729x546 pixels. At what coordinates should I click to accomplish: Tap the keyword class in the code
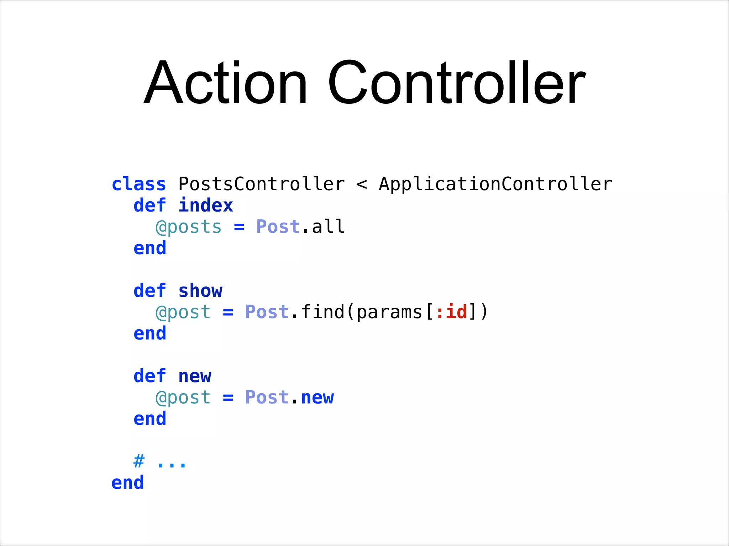(139, 184)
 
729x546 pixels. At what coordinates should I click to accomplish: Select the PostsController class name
(261, 184)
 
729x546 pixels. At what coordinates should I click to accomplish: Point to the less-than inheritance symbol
(362, 184)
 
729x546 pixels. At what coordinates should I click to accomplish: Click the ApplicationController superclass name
(495, 184)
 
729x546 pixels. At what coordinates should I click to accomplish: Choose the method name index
(206, 206)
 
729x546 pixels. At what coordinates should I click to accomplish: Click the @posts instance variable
(189, 227)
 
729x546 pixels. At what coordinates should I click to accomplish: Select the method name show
(200, 291)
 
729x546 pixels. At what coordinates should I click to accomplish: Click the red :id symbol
(451, 312)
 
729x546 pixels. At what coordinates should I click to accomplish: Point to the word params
(389, 312)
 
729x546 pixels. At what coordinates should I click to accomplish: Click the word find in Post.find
(322, 312)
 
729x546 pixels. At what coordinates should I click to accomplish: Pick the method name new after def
(195, 376)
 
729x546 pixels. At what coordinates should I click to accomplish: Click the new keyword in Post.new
(318, 398)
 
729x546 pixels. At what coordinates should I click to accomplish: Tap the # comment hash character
(139, 462)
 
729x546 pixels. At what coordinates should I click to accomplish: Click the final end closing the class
(127, 483)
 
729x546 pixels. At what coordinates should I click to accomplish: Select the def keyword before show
(150, 291)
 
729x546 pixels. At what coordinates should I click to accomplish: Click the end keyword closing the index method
(150, 248)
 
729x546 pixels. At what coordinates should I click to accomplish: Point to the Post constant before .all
(278, 227)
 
